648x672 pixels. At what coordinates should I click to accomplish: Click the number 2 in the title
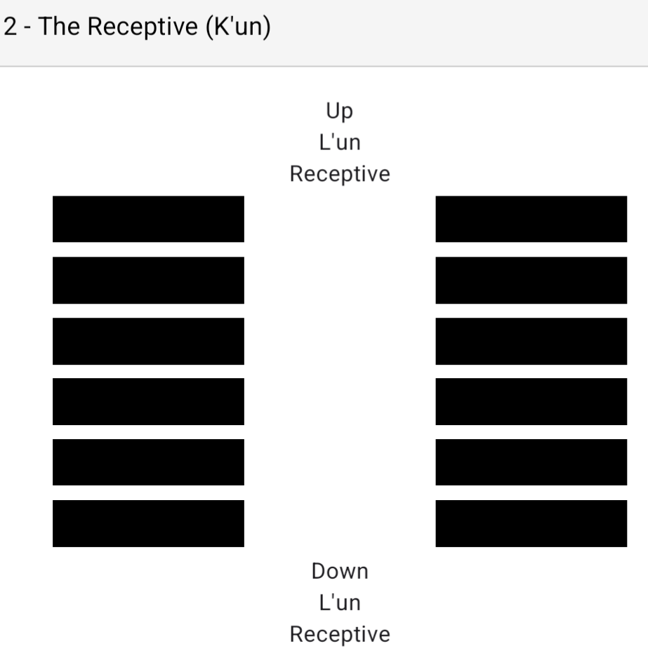[x=11, y=29]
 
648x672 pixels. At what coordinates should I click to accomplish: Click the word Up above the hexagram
[x=339, y=111]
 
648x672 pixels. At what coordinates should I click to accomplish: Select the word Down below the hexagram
[x=340, y=571]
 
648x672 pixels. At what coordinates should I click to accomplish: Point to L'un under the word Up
[x=340, y=142]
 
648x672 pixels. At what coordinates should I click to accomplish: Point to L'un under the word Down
[x=340, y=603]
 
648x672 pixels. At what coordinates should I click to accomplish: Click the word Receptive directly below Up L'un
[x=340, y=174]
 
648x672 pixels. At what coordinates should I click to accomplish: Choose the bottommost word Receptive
[x=340, y=634]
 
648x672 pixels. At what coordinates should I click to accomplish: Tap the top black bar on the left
[x=148, y=219]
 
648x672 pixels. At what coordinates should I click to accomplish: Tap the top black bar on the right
[x=531, y=219]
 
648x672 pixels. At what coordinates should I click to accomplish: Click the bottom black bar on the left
[x=148, y=523]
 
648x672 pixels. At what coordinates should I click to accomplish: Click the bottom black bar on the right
[x=531, y=523]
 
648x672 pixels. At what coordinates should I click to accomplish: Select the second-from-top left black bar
[x=148, y=280]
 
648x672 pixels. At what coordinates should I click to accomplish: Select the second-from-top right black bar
[x=531, y=280]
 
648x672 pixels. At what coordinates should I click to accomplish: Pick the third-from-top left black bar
[x=148, y=341]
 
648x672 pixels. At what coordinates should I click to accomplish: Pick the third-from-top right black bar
[x=531, y=341]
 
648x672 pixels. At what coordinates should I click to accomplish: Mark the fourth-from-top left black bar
[x=148, y=401]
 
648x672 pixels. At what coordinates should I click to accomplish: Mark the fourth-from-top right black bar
[x=531, y=401]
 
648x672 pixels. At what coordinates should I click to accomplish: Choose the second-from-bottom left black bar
[x=148, y=462]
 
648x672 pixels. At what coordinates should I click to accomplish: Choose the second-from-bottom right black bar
[x=531, y=462]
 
